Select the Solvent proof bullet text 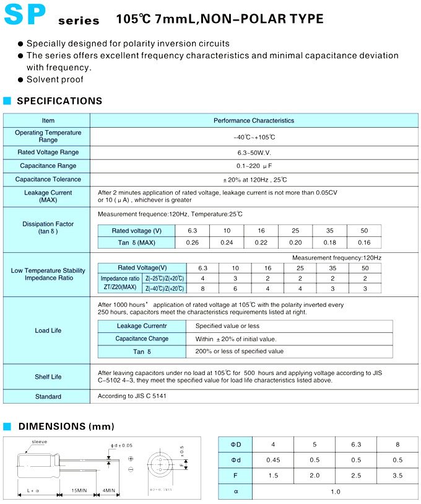54,79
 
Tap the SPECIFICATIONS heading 59,101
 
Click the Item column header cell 48,120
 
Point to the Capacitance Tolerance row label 48,179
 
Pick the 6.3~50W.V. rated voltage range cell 254,152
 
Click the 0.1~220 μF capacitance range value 254,166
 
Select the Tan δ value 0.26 192,242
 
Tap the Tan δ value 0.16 364,242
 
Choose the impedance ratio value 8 202,288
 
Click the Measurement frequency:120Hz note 337,257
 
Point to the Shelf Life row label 48,377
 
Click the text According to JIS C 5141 132,396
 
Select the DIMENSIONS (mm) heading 66,427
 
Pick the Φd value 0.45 273,460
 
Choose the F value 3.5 397,475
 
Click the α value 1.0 335,492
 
